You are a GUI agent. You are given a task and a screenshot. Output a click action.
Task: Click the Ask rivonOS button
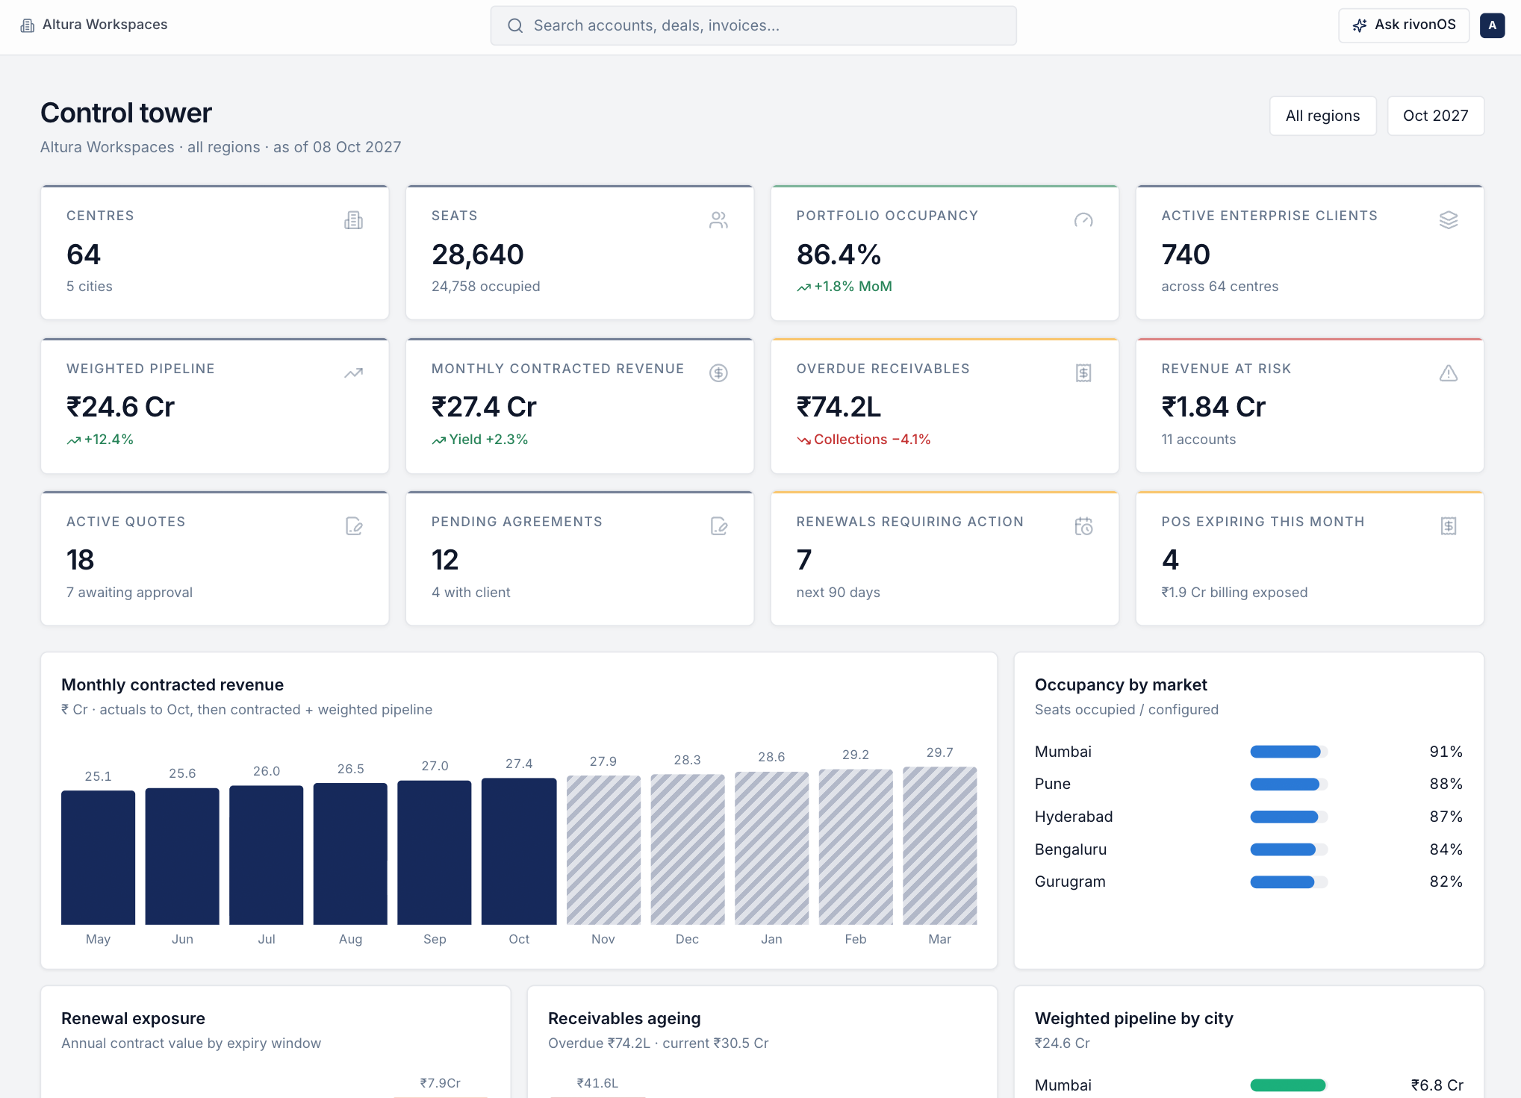click(x=1404, y=25)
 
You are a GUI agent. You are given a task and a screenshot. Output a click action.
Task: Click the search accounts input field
click(x=753, y=25)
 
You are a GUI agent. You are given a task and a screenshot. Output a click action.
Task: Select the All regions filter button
click(x=1322, y=116)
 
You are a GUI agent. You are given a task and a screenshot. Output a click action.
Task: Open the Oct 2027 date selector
click(x=1435, y=116)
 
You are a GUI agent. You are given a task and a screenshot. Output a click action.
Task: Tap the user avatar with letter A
click(x=1492, y=25)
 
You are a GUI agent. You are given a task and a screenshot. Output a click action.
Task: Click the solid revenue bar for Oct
click(x=519, y=851)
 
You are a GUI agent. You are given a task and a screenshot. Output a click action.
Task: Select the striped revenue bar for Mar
click(x=940, y=846)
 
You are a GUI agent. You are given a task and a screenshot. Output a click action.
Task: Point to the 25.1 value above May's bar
click(x=98, y=776)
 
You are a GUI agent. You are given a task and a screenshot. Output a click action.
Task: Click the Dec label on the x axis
click(x=687, y=939)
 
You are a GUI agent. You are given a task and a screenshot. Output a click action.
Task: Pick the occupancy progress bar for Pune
click(x=1289, y=784)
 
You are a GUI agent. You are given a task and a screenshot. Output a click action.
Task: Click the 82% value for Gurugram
click(x=1446, y=882)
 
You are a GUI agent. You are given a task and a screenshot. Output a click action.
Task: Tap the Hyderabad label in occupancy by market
click(x=1074, y=817)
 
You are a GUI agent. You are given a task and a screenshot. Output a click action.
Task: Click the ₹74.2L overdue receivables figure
click(x=839, y=407)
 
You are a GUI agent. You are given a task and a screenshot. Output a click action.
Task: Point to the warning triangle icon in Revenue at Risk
click(x=1449, y=372)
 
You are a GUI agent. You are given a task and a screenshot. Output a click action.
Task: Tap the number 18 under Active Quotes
click(x=81, y=560)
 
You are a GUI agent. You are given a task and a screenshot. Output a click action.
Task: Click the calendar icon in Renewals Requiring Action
click(x=1083, y=526)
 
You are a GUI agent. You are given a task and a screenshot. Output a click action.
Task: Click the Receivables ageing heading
click(x=624, y=1018)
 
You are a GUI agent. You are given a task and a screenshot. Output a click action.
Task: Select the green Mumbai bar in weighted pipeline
click(x=1288, y=1085)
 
